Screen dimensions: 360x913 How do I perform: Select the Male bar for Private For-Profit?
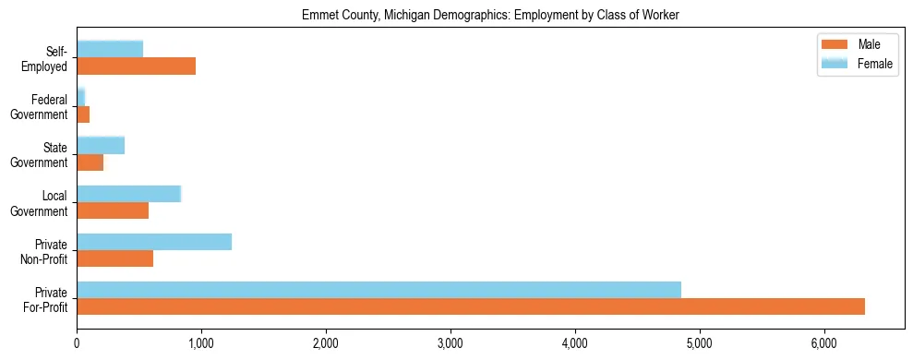click(471, 306)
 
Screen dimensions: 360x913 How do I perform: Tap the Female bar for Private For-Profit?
click(378, 290)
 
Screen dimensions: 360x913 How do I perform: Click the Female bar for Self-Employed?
click(110, 49)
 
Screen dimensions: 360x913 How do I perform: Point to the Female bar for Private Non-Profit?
click(154, 242)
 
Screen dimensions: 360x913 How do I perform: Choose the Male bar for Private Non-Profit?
click(114, 258)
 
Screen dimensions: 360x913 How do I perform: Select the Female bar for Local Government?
click(129, 194)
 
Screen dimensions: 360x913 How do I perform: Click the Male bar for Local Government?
click(113, 210)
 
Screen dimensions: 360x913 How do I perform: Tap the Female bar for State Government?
click(101, 145)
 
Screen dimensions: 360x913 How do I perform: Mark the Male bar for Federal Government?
click(83, 114)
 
